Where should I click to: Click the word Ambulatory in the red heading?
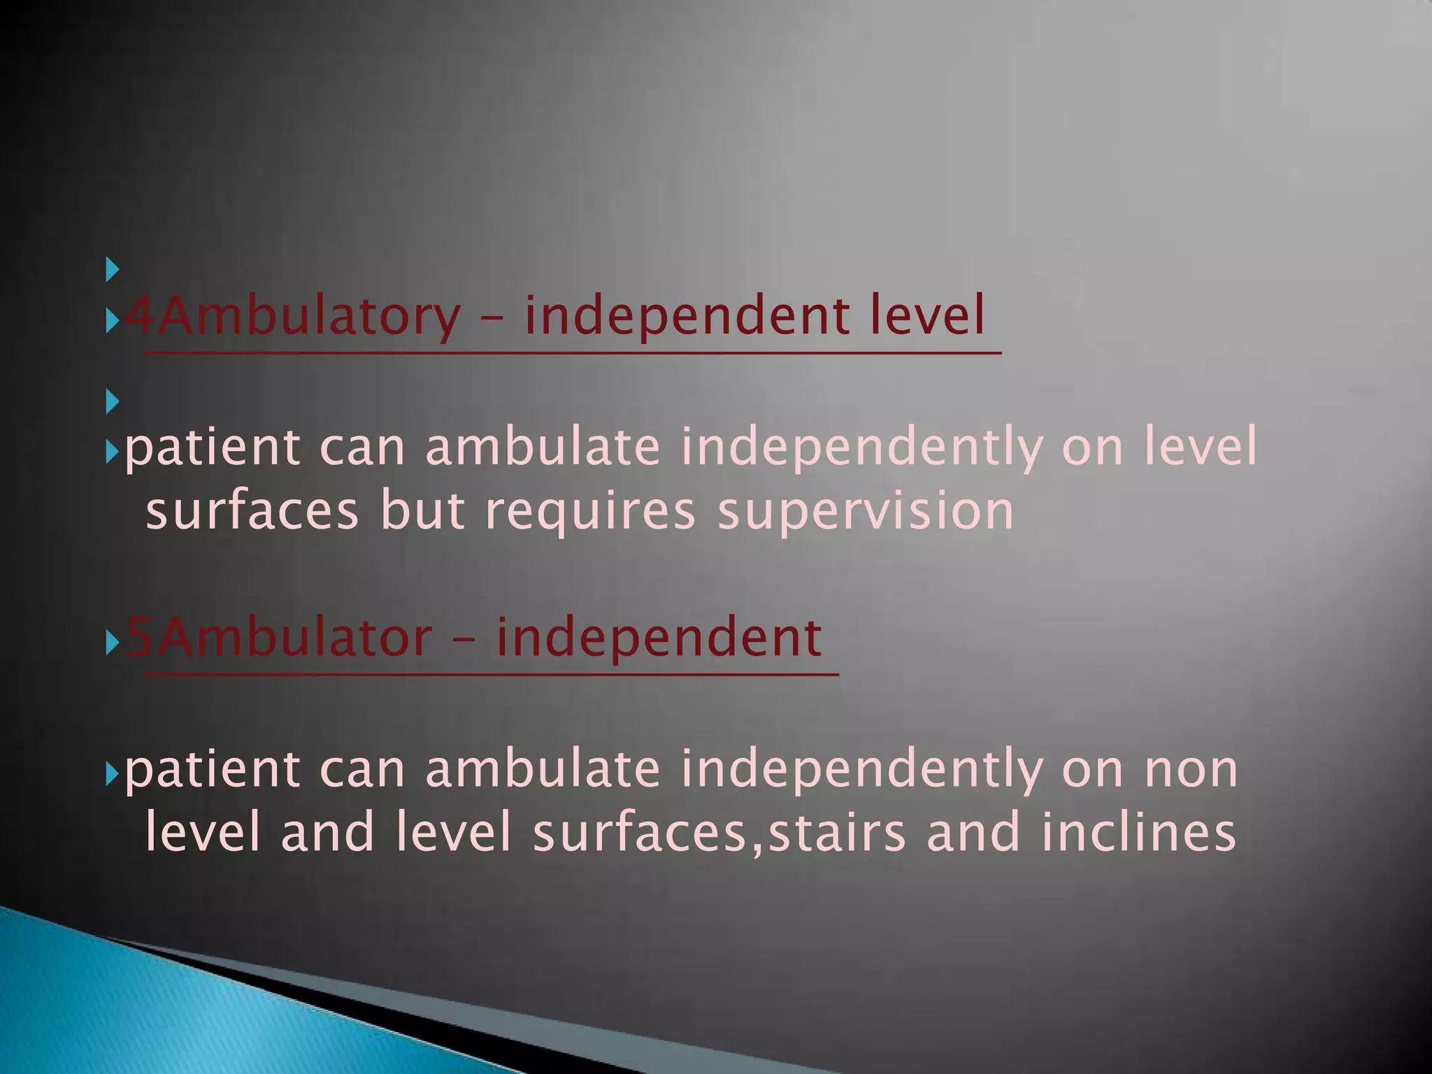[294, 316]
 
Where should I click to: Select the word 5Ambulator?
[280, 638]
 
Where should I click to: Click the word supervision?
[866, 511]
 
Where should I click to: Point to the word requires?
[590, 511]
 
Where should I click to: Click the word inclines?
[1138, 833]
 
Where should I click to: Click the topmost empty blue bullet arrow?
[112, 269]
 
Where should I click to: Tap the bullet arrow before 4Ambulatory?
[112, 322]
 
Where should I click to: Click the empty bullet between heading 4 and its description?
[112, 401]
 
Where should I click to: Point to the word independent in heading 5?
[659, 638]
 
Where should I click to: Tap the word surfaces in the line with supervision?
[252, 511]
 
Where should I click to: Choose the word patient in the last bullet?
[213, 769]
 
